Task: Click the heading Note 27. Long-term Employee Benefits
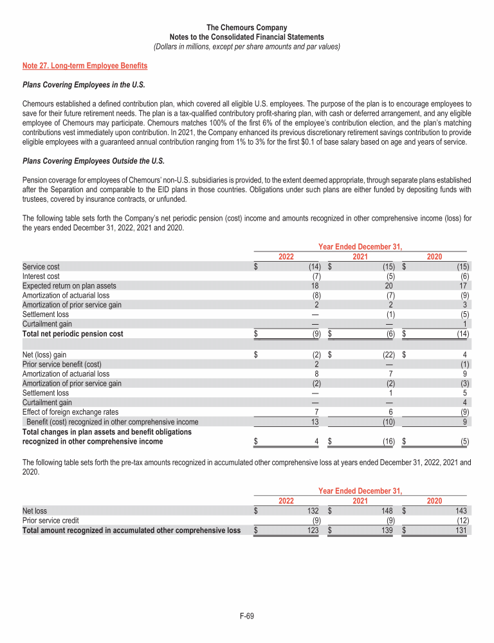tap(85, 66)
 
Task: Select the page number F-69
tap(247, 617)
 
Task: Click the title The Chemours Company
tap(247, 28)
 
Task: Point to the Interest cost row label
tap(42, 276)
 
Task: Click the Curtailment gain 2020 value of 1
tap(466, 324)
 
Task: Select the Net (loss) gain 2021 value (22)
tap(388, 354)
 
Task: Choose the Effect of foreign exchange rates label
tap(70, 412)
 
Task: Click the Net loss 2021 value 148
tap(389, 511)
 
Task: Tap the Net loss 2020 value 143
tap(462, 511)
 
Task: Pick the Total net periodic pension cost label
tap(73, 334)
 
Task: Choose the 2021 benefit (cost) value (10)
tap(389, 422)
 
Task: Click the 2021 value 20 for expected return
tap(390, 285)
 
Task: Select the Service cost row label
tap(42, 266)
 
